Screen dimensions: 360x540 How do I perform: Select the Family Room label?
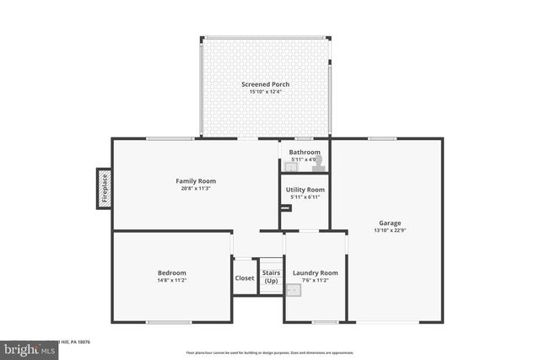coord(196,181)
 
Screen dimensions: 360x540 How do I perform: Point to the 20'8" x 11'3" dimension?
coord(196,188)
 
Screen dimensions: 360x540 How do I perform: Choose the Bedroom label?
coord(171,272)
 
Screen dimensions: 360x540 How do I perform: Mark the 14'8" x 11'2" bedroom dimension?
coord(171,279)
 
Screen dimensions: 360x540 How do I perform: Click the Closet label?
coord(245,277)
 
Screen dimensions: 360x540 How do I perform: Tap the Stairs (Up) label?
coord(271,277)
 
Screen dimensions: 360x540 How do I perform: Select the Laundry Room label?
coord(315,272)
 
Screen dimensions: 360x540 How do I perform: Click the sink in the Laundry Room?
coord(294,291)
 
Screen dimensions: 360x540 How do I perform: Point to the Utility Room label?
coord(305,191)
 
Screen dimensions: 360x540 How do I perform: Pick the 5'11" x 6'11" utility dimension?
coord(305,197)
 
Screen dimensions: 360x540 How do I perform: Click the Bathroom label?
coord(305,153)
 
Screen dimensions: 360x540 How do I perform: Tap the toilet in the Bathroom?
coord(317,164)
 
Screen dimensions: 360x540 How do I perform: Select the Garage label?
coord(386,223)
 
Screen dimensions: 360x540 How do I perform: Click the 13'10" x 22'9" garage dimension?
coord(386,230)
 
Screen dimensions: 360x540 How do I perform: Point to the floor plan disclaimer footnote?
coord(270,352)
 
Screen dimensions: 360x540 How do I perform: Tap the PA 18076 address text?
coord(78,342)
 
